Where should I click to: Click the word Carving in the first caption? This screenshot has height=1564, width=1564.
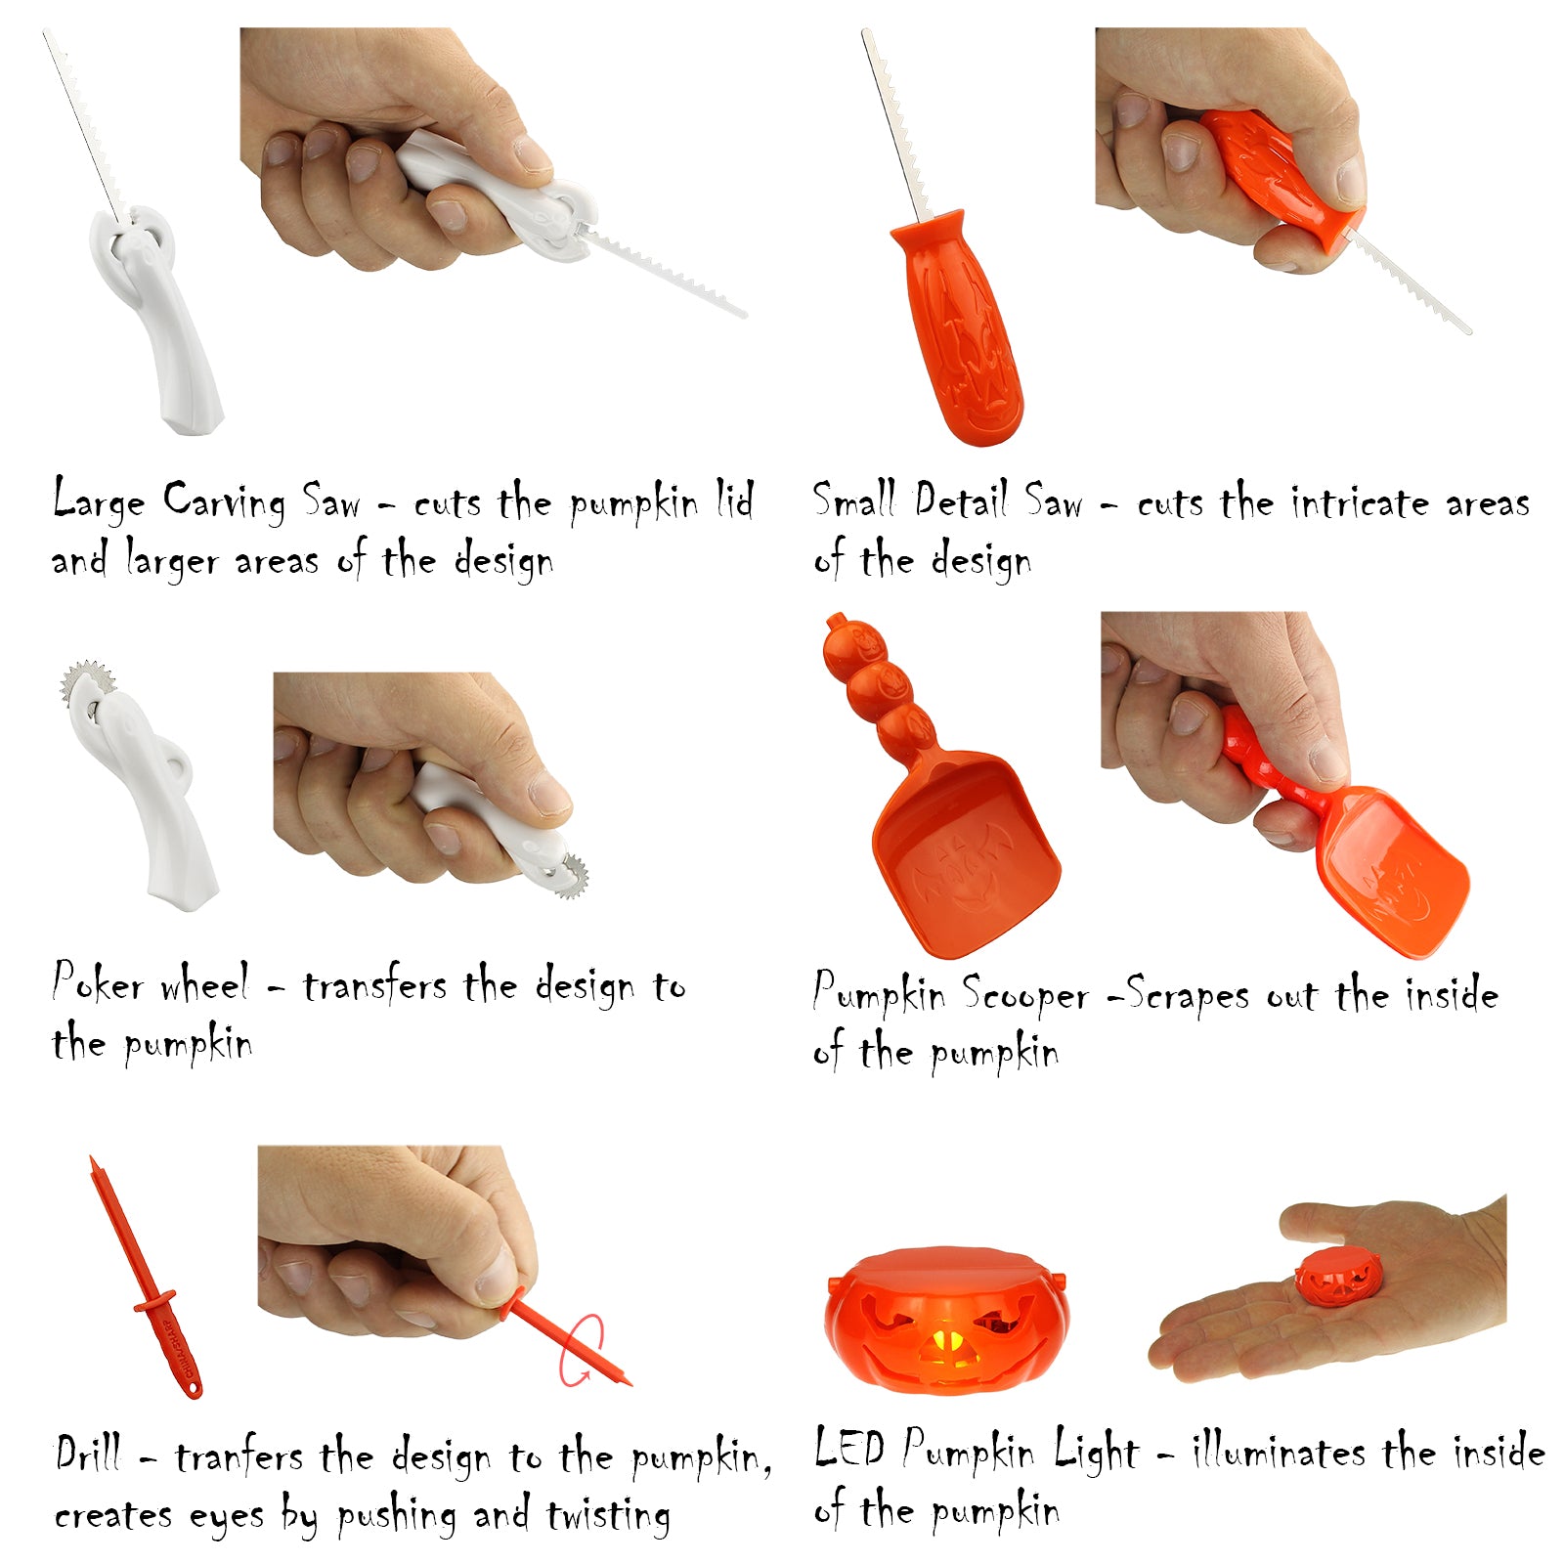(x=224, y=502)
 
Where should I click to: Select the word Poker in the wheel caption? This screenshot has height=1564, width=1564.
(x=98, y=982)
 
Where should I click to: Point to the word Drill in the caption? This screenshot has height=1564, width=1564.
(x=88, y=1455)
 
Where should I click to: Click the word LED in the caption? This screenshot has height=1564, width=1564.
(x=849, y=1449)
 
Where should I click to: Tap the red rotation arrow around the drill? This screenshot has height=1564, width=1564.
(x=582, y=1350)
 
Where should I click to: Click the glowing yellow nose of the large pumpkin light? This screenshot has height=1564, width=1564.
(x=945, y=1347)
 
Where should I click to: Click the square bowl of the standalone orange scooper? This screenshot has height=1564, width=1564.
(x=963, y=850)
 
